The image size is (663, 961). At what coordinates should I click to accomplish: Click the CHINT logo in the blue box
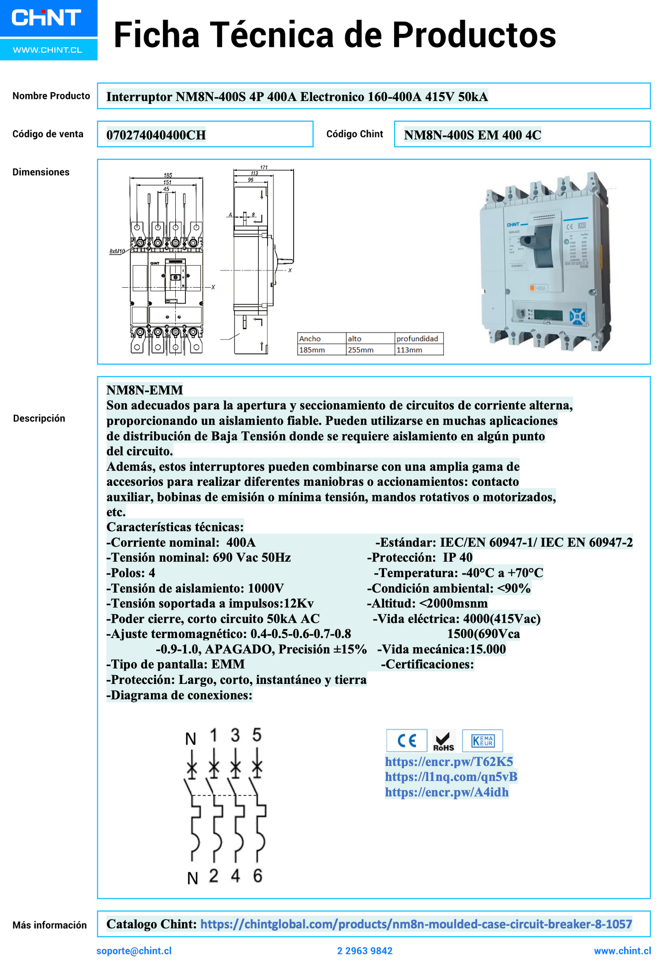pos(46,18)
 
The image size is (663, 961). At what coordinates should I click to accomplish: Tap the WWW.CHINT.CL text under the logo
pos(48,50)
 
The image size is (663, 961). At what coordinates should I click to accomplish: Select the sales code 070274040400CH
pos(156,135)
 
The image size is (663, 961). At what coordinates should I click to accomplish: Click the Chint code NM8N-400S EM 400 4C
pos(472,135)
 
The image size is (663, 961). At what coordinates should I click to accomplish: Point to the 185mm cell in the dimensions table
pos(312,350)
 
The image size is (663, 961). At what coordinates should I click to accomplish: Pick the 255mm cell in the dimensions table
pos(361,350)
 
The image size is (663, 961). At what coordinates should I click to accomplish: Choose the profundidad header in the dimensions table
pos(417,339)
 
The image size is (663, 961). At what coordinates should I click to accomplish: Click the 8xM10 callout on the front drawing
pos(117,251)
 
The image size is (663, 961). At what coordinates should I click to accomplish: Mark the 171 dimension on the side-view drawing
pos(264,167)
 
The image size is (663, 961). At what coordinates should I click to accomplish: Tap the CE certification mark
pos(407,740)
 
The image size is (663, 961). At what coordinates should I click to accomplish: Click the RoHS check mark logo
pos(444,741)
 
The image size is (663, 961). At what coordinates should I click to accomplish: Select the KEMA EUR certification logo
pos(482,740)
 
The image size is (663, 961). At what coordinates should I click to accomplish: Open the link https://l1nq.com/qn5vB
pos(451,777)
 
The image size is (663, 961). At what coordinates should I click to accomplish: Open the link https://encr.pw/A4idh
pos(446,792)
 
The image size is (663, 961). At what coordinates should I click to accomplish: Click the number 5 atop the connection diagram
pos(257,735)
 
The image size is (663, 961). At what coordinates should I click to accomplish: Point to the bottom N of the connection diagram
pos(193,878)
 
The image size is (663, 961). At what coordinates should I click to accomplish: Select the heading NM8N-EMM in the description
pos(145,390)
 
